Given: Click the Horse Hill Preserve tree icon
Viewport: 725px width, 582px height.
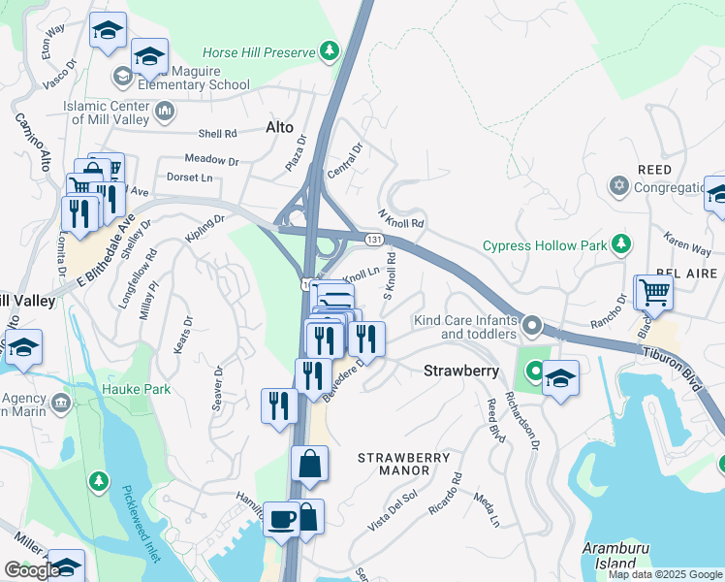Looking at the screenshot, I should coord(331,50).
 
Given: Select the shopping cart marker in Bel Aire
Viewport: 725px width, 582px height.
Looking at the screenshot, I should coord(654,291).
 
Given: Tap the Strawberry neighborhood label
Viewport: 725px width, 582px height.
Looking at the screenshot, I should coord(461,371).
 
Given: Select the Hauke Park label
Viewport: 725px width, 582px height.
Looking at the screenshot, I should coord(136,390).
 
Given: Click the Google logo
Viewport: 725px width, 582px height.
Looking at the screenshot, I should coord(32,570).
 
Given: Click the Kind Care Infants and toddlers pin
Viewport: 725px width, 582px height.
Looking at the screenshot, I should coord(531,323).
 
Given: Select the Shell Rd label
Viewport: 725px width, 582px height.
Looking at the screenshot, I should coord(217,135).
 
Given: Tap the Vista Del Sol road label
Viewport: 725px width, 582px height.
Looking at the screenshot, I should coord(392,510).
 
